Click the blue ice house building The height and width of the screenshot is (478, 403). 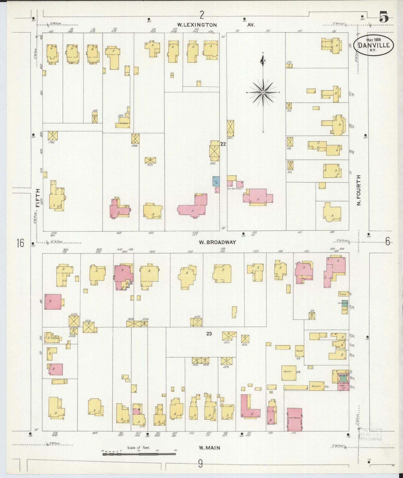[x=216, y=181]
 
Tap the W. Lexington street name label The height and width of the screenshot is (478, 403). [x=197, y=25]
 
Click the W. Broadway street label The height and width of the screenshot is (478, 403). [x=217, y=242]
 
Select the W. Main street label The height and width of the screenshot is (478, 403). [x=209, y=448]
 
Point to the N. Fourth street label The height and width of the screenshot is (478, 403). [x=359, y=190]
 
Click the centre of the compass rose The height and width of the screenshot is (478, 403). [x=263, y=92]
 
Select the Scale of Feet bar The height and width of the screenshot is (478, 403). [x=139, y=454]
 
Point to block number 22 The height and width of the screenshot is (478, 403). [x=223, y=144]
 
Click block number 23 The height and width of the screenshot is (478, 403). [x=209, y=334]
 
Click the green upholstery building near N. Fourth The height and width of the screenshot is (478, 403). [x=345, y=303]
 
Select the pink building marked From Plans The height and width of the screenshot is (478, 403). [x=295, y=419]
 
